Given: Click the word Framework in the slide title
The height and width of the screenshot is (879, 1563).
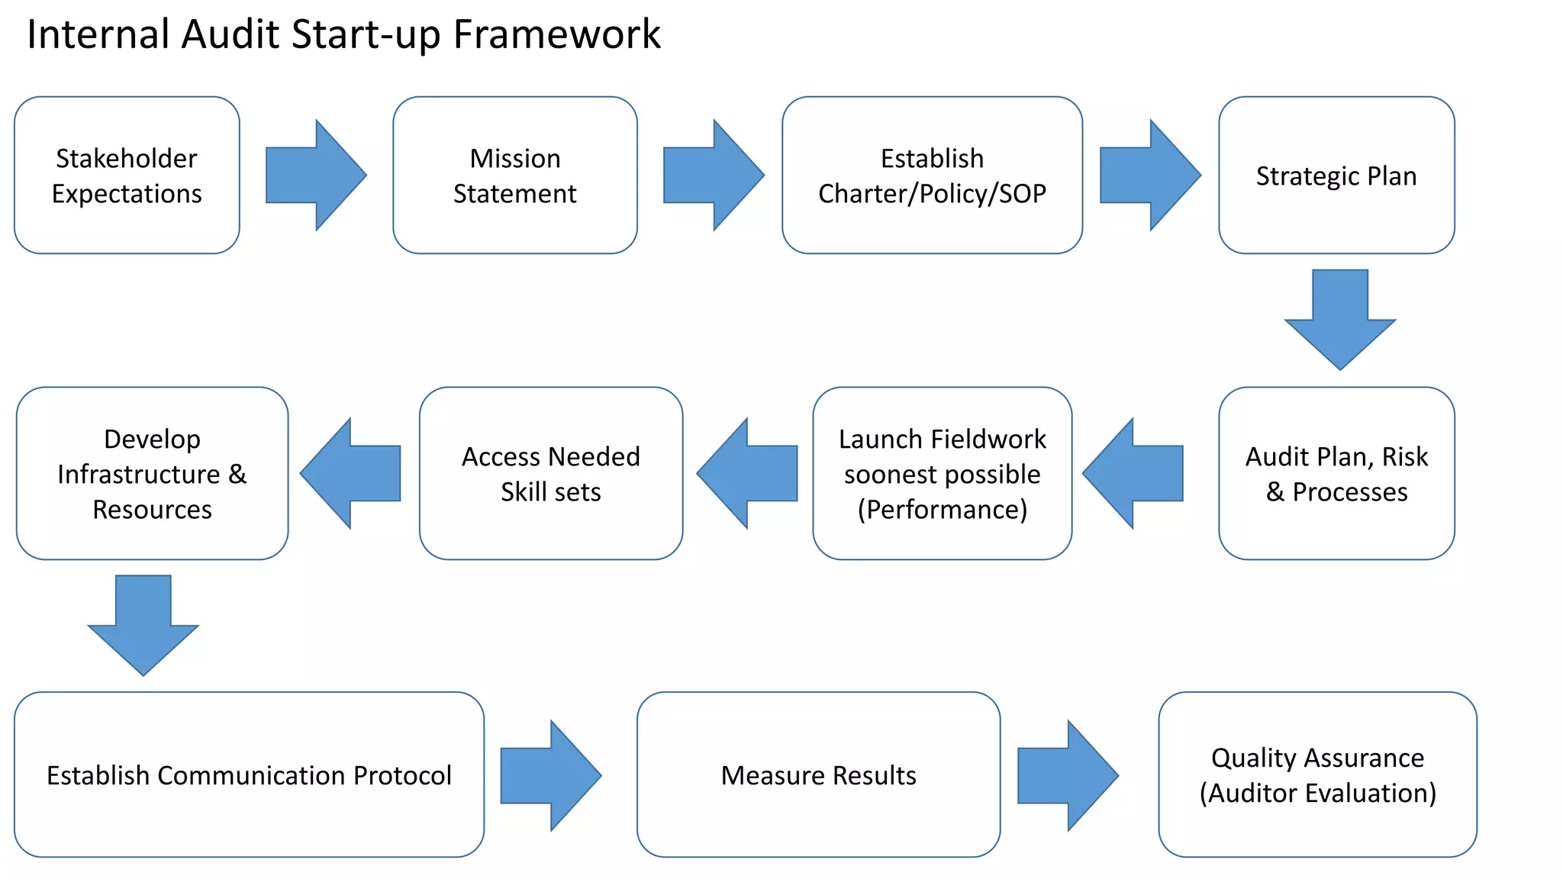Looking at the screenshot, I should [x=556, y=35].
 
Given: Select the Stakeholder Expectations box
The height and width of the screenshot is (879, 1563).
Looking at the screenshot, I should [x=127, y=175].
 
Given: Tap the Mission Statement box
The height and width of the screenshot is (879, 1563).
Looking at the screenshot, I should [x=514, y=175].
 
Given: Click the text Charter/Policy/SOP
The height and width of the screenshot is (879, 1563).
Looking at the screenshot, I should [x=932, y=194].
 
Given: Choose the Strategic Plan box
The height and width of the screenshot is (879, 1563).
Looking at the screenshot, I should [x=1336, y=175].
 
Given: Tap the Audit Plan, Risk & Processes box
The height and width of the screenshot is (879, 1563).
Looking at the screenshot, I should [x=1336, y=474].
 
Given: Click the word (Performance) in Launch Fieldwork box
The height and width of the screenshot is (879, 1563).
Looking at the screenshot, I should [x=942, y=510].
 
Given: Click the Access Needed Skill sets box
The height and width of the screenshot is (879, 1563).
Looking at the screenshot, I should [x=550, y=474].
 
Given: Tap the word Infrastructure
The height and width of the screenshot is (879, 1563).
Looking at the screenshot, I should [x=138, y=475].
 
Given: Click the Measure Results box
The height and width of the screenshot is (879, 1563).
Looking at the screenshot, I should [x=818, y=775].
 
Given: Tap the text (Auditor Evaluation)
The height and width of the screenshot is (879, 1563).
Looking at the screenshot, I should [x=1317, y=794].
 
